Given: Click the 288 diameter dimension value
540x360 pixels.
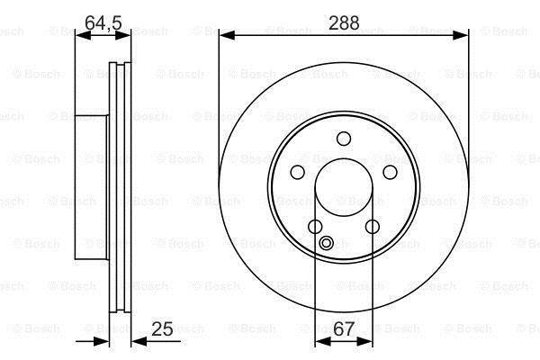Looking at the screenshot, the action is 344,23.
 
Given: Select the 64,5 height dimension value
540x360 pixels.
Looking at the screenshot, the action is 103,23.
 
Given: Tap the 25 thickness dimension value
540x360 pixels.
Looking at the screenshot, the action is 162,328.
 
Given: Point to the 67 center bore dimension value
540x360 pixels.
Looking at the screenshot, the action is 344,328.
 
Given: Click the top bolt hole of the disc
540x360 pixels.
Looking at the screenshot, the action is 344,139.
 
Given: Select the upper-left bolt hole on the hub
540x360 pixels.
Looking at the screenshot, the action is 298,172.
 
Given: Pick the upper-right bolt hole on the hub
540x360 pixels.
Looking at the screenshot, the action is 390,172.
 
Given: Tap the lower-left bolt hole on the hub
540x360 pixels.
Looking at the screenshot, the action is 315,227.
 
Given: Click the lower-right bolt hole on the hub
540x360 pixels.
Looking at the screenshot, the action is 373,227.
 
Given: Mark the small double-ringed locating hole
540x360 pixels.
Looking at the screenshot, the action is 326,243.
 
